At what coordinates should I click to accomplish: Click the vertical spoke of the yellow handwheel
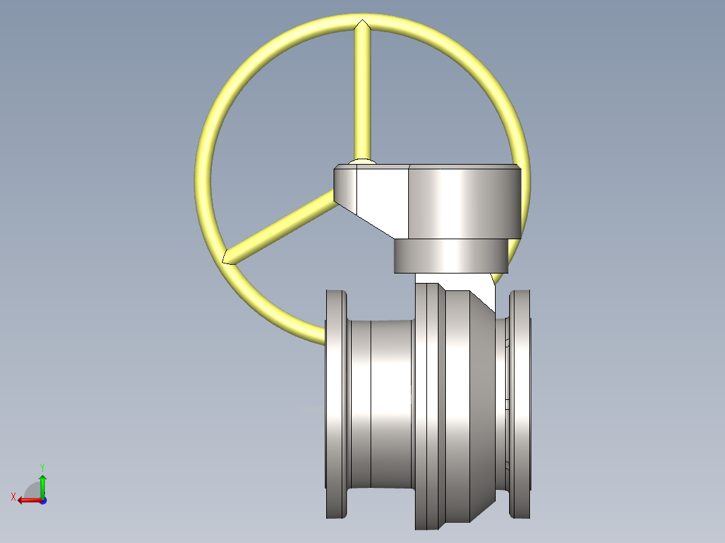pyautogui.click(x=362, y=94)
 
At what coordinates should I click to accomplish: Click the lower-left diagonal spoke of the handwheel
pyautogui.click(x=282, y=224)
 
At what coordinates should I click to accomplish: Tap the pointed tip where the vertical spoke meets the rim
pyautogui.click(x=362, y=26)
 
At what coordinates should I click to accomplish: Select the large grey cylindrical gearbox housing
pyautogui.click(x=464, y=202)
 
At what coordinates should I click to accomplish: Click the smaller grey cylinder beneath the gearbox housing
pyautogui.click(x=451, y=256)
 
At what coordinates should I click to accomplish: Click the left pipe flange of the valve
pyautogui.click(x=336, y=403)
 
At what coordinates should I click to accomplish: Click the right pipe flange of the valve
pyautogui.click(x=520, y=403)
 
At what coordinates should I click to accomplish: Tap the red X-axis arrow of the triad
pyautogui.click(x=27, y=499)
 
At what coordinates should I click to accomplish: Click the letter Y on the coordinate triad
pyautogui.click(x=42, y=466)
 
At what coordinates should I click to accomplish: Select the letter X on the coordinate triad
pyautogui.click(x=13, y=497)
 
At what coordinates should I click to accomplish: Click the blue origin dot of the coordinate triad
pyautogui.click(x=42, y=500)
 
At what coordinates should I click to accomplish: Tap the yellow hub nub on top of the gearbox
pyautogui.click(x=363, y=161)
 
